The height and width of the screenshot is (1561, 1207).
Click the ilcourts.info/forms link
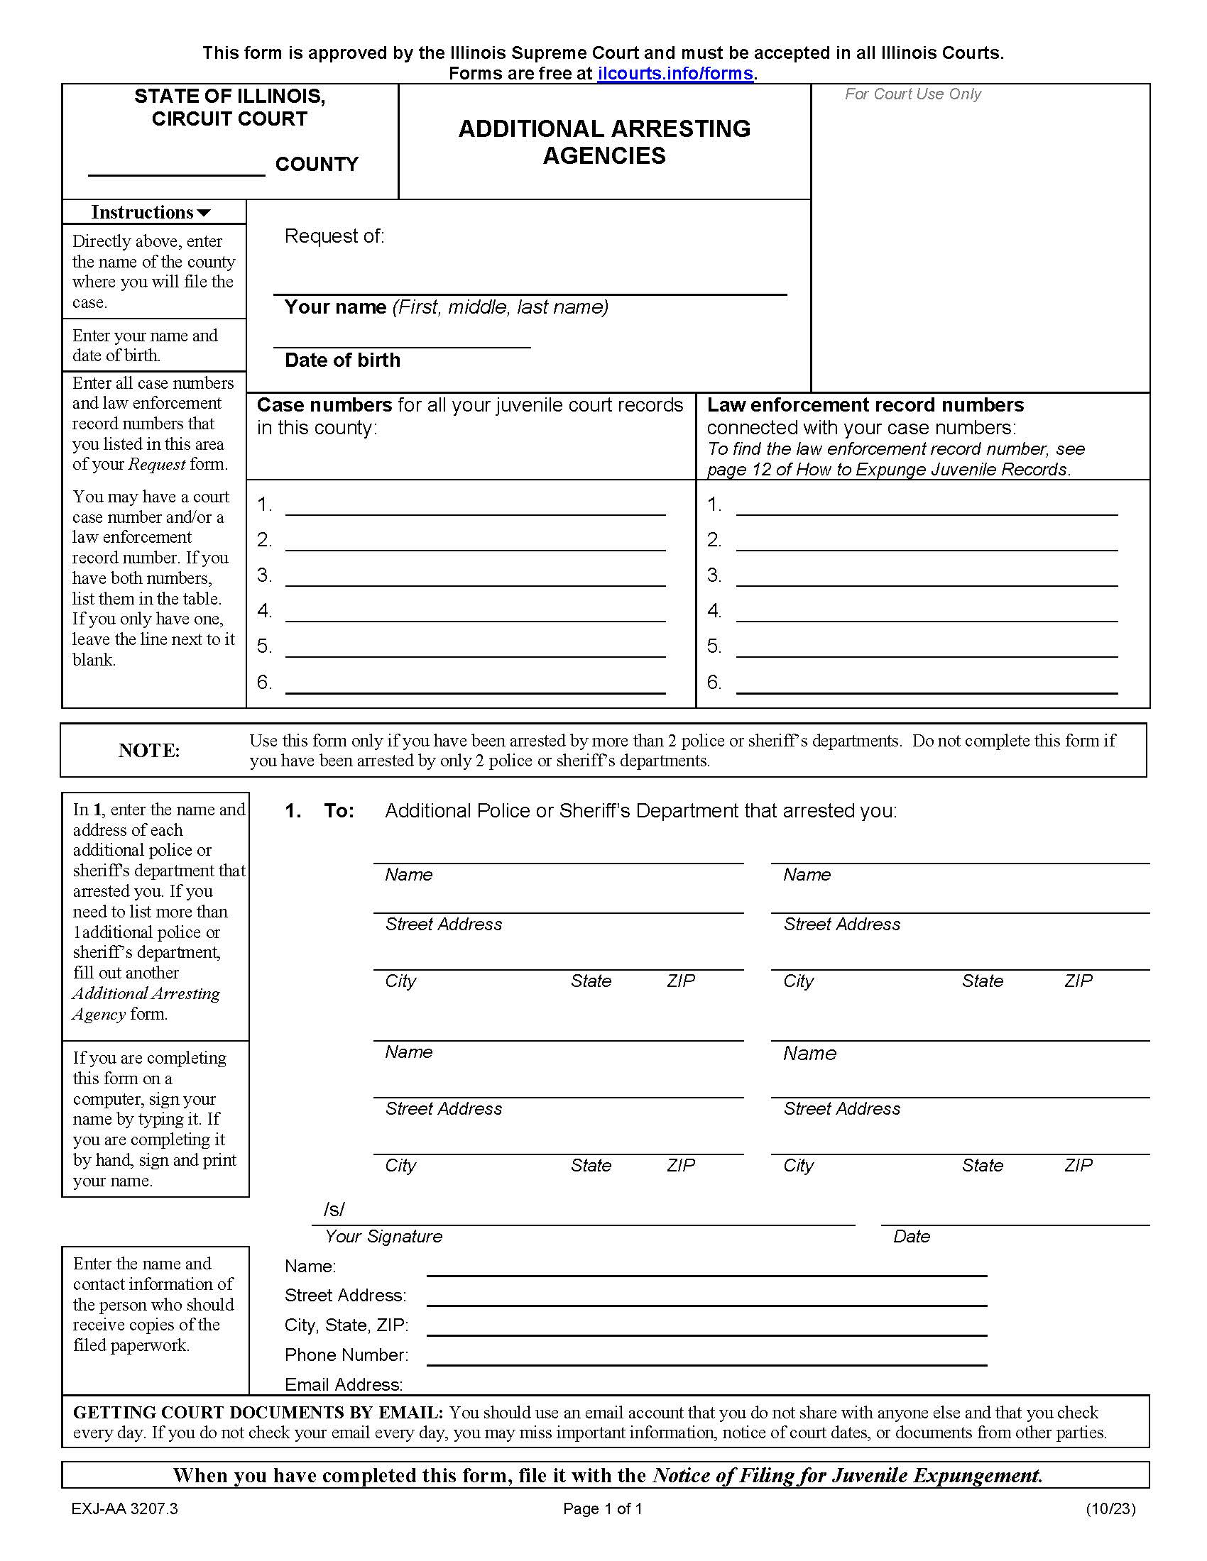pyautogui.click(x=675, y=74)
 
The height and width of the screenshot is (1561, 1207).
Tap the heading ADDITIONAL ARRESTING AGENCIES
pyautogui.click(x=604, y=141)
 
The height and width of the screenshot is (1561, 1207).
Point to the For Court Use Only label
pyautogui.click(x=912, y=94)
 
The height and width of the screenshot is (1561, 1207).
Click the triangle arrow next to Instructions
pyautogui.click(x=204, y=213)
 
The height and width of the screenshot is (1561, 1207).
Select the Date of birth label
pyautogui.click(x=342, y=360)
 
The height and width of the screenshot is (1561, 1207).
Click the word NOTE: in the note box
pyautogui.click(x=148, y=750)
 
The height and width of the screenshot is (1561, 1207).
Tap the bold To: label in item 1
pyautogui.click(x=339, y=810)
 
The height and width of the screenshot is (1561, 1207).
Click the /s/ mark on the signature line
pyautogui.click(x=334, y=1208)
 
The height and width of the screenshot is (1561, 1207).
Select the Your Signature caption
pyautogui.click(x=383, y=1236)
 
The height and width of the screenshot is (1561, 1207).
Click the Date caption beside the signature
pyautogui.click(x=911, y=1236)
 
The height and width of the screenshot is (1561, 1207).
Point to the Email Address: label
pyautogui.click(x=343, y=1384)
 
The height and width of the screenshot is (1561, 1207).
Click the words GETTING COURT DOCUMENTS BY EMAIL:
pyautogui.click(x=258, y=1412)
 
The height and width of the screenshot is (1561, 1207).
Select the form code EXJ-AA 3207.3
pyautogui.click(x=124, y=1508)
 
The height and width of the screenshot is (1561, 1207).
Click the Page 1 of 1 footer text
pyautogui.click(x=602, y=1508)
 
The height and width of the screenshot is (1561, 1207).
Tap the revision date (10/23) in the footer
pyautogui.click(x=1110, y=1508)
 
